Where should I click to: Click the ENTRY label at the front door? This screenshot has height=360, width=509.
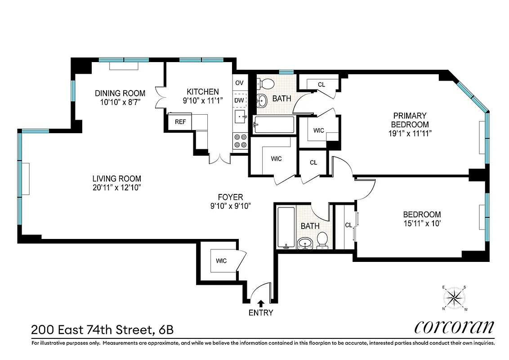[261, 313]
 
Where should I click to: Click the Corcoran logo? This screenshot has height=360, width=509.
[454, 327]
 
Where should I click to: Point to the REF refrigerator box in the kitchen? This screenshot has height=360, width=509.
[180, 121]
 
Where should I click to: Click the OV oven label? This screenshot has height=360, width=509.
[239, 83]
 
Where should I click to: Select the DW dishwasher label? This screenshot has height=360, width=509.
[239, 100]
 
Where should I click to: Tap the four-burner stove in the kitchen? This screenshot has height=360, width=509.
[239, 141]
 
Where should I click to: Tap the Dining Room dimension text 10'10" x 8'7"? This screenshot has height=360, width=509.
[120, 102]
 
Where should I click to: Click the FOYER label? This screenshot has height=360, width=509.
[230, 197]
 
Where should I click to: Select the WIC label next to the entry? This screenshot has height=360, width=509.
[221, 261]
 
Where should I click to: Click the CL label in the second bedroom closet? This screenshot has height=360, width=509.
[348, 225]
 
